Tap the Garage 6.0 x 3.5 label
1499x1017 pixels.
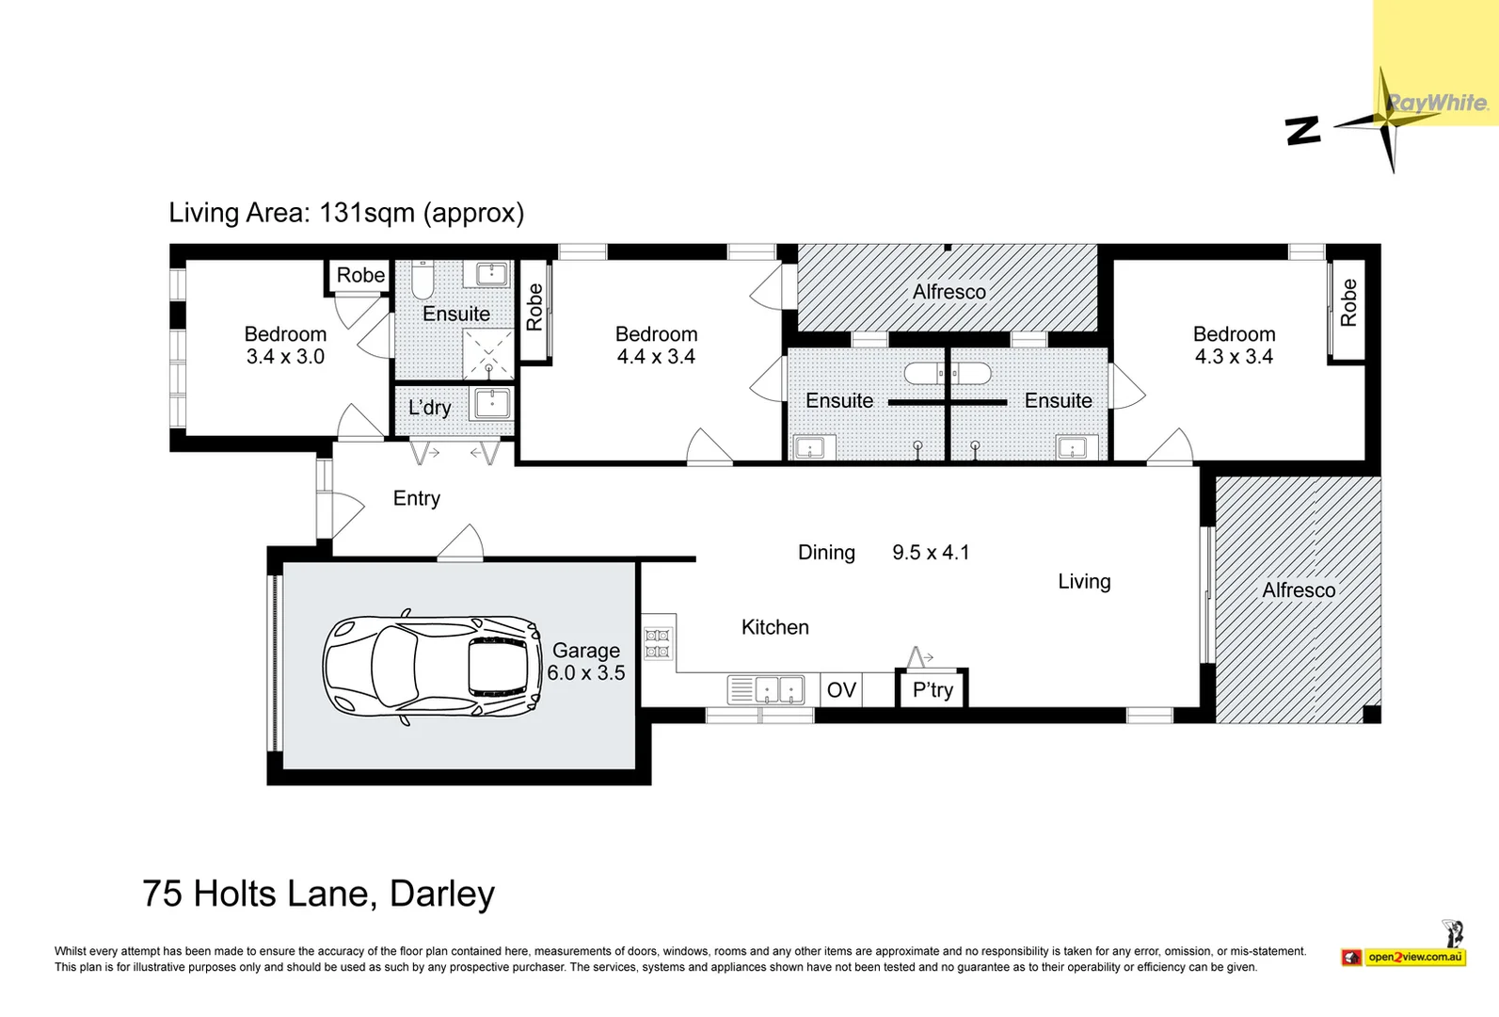tap(585, 662)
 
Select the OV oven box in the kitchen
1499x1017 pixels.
tap(841, 690)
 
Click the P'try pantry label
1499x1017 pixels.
tap(933, 690)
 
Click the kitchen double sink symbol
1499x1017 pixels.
tap(767, 690)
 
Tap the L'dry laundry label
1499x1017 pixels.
tap(429, 408)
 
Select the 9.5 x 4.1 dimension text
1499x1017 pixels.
tap(931, 553)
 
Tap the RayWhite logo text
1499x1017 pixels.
tap(1437, 103)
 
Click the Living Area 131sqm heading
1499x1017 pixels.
tap(346, 213)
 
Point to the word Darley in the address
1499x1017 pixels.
tap(441, 894)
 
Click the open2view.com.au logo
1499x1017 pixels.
tap(1414, 957)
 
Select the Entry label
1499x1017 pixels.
tap(416, 498)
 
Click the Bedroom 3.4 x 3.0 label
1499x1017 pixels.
tap(285, 346)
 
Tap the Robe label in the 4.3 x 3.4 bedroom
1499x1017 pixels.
tap(1348, 303)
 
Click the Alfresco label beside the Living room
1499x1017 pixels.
tap(1299, 590)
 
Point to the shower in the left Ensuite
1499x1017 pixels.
tap(488, 354)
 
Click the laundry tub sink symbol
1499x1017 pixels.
tap(492, 404)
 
